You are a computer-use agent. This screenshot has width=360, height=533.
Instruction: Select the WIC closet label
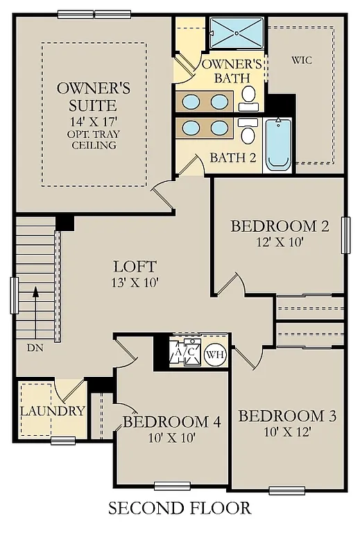tap(302, 60)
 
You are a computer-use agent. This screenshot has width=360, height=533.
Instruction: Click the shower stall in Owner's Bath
tap(238, 31)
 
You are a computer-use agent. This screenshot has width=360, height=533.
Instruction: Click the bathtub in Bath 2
tap(279, 143)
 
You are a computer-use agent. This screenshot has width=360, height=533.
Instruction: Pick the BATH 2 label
tap(233, 158)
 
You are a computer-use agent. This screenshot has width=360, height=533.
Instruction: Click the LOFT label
tap(135, 266)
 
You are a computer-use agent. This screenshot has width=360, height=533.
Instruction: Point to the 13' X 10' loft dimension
tap(135, 282)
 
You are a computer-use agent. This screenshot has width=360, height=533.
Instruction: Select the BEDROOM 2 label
tap(280, 226)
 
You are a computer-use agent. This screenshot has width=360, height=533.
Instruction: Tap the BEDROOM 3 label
tap(287, 416)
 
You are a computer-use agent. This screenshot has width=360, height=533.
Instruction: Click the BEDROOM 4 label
tap(171, 422)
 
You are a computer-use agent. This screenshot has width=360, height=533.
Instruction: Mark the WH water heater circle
tap(216, 354)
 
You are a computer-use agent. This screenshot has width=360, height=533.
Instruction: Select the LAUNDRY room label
tap(52, 411)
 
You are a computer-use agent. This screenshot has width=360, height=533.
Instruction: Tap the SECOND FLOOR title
tap(179, 509)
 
